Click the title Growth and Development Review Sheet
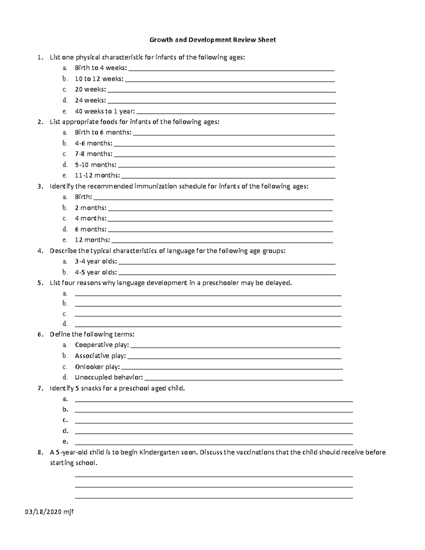coord(212,40)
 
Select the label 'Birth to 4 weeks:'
coord(101,68)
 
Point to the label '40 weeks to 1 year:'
coord(105,111)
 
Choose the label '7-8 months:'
coord(93,154)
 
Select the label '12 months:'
coord(92,240)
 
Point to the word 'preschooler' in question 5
coord(221,283)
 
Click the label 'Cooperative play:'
coord(102,345)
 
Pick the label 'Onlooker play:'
coord(97,367)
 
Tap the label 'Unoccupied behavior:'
coord(109,378)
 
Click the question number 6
coord(40,334)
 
